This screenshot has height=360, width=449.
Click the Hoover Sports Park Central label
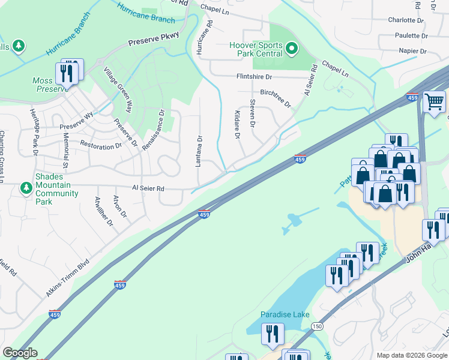tap(256, 49)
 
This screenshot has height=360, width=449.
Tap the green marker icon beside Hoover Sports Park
tap(292, 48)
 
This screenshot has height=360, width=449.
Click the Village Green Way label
tap(118, 89)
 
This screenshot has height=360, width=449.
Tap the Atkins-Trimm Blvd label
tap(67, 278)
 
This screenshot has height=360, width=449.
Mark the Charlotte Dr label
tap(406, 20)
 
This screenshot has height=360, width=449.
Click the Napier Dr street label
tap(411, 51)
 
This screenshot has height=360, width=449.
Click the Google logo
tap(20, 353)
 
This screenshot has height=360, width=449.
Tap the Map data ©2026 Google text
tap(411, 355)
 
